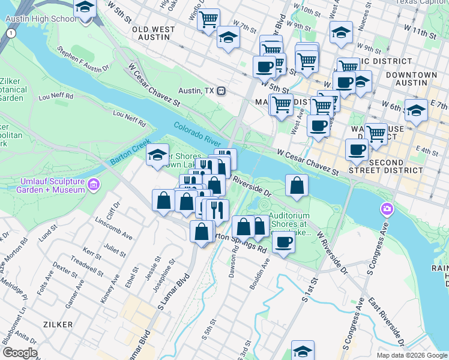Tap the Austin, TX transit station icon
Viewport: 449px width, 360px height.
point(221,91)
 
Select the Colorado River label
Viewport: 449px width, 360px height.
point(197,136)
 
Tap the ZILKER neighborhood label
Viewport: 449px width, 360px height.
point(58,323)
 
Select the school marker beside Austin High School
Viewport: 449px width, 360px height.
point(85,8)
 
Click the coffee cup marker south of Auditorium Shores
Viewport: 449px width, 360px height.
point(283,242)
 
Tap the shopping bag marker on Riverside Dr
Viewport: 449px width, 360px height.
point(297,186)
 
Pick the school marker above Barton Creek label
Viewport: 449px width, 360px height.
point(157,156)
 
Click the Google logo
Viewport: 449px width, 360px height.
point(19,353)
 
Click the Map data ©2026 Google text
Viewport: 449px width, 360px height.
point(411,355)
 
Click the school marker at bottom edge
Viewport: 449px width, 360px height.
point(303,351)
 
